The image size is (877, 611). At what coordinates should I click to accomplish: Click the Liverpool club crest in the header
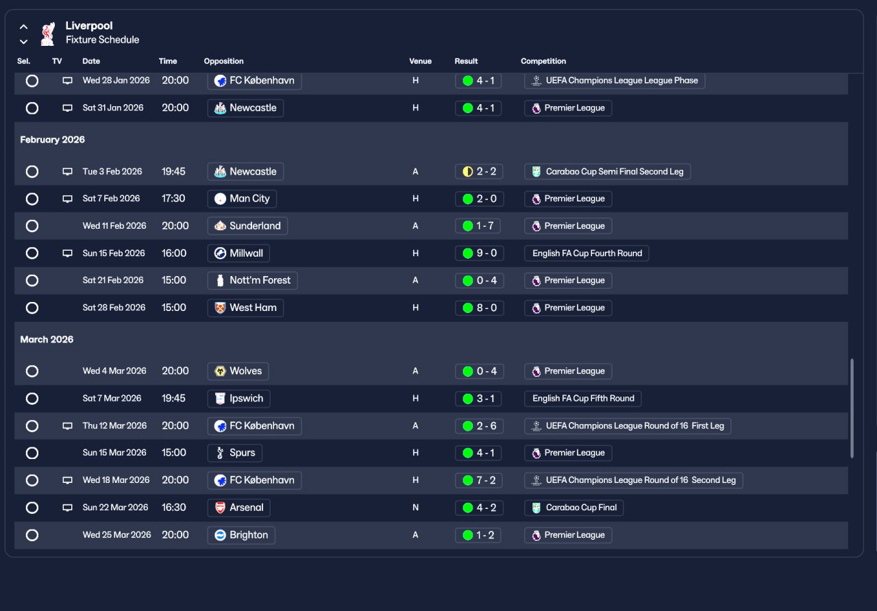(47, 34)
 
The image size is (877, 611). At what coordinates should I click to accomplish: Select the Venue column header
(420, 61)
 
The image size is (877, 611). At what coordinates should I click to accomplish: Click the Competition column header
(543, 61)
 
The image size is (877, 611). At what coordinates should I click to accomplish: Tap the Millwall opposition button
(238, 253)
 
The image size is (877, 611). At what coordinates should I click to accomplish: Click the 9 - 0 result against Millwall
(479, 253)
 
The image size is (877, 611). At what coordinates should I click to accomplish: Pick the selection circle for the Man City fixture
(32, 199)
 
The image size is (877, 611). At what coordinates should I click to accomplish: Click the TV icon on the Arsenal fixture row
(67, 508)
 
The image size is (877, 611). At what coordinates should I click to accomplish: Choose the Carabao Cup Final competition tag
(573, 508)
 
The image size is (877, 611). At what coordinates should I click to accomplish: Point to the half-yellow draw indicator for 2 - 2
(468, 171)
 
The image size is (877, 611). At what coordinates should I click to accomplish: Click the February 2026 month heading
(53, 140)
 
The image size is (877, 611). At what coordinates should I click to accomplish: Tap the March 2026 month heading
(47, 340)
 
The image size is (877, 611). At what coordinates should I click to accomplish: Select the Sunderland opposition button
(247, 226)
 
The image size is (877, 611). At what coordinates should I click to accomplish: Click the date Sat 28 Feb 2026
(114, 308)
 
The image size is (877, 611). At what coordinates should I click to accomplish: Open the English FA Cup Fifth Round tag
(583, 399)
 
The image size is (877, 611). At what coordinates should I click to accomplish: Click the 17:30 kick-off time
(173, 199)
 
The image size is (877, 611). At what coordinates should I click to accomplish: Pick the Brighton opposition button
(241, 535)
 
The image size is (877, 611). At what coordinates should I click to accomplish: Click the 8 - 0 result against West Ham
(479, 308)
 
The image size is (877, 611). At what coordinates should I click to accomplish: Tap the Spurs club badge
(220, 453)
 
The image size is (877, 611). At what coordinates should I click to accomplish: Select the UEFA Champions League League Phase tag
(615, 81)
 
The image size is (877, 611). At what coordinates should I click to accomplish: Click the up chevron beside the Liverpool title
(24, 27)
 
